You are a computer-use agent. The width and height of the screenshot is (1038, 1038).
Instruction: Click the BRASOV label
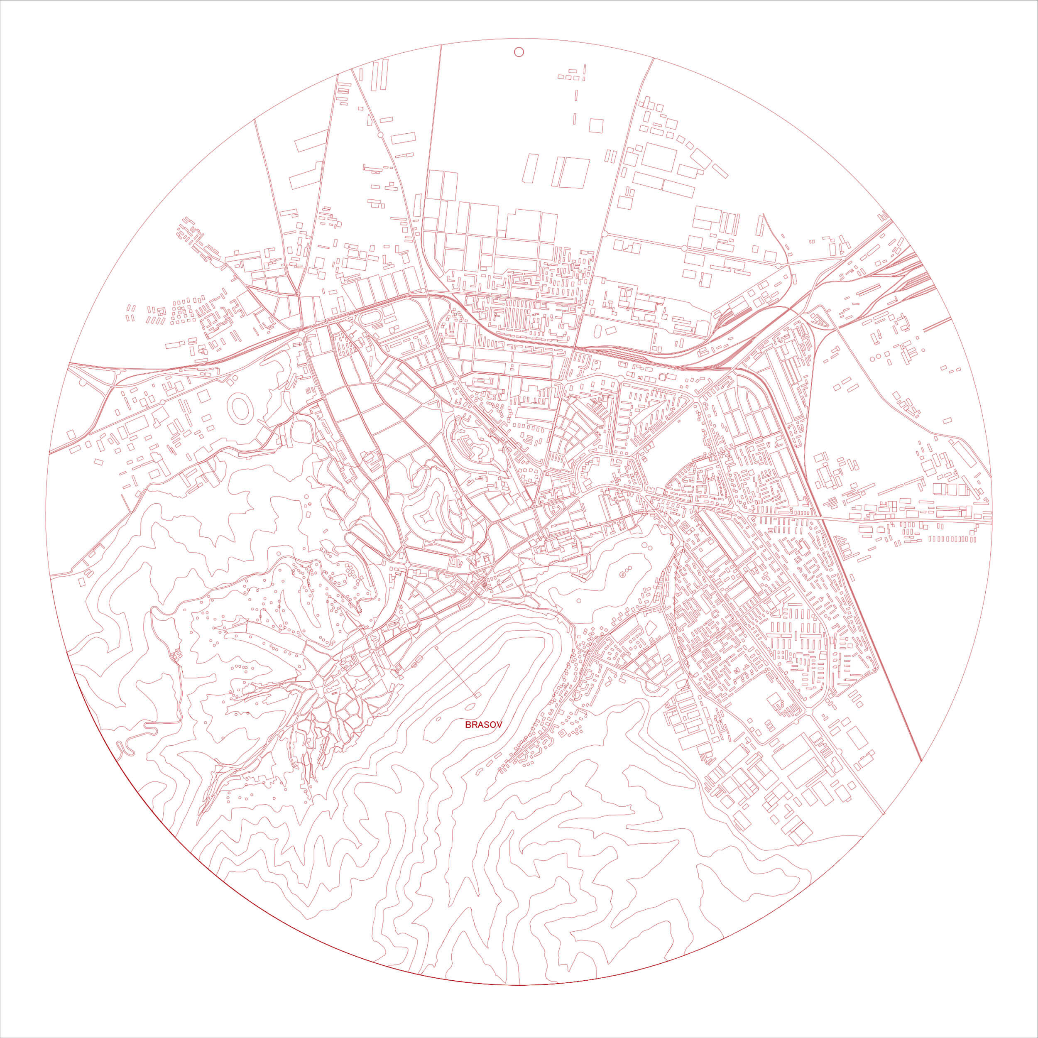(x=484, y=725)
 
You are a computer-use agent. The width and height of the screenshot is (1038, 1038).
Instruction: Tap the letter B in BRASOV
(x=468, y=725)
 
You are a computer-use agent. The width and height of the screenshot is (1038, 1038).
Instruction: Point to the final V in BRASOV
(x=499, y=725)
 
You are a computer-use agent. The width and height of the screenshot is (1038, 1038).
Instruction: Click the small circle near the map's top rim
(x=519, y=52)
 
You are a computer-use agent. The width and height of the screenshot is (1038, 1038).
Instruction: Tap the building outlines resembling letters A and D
(x=461, y=563)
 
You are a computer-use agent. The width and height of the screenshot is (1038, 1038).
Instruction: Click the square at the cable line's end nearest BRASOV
(x=477, y=695)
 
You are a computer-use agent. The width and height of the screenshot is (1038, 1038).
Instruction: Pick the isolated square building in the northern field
(x=596, y=125)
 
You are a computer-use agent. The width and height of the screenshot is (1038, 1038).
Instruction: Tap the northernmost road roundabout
(x=380, y=135)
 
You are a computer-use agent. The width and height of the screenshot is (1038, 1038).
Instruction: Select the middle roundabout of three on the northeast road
(x=683, y=248)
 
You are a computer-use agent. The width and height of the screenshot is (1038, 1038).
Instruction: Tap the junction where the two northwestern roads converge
(x=298, y=294)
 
